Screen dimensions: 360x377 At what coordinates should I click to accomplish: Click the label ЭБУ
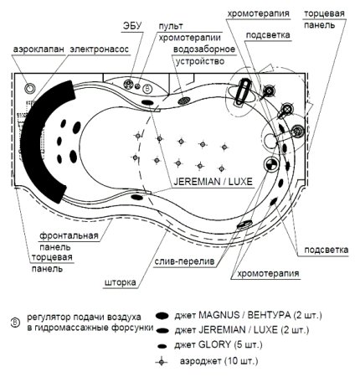click(x=132, y=25)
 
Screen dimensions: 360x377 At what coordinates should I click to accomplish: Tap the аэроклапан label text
click(x=39, y=49)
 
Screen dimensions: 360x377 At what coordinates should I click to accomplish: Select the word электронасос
click(x=100, y=49)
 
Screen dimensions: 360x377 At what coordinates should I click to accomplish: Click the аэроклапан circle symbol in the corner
click(x=29, y=88)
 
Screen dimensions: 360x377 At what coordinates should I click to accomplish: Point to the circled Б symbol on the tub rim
click(x=147, y=89)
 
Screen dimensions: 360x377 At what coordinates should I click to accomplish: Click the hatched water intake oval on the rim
click(x=184, y=101)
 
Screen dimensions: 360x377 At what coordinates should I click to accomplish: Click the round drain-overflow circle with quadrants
click(x=270, y=164)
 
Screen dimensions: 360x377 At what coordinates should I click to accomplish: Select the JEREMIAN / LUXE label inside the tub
click(x=213, y=182)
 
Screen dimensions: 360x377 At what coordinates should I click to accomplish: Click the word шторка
click(x=121, y=282)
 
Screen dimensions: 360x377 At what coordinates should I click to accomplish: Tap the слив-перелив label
click(x=185, y=261)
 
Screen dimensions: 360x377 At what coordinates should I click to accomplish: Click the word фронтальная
click(x=69, y=235)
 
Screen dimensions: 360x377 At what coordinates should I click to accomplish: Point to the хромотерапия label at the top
click(x=258, y=13)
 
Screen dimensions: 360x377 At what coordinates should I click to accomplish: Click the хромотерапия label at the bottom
click(x=268, y=273)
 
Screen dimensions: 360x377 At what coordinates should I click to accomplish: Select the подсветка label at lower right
click(x=327, y=250)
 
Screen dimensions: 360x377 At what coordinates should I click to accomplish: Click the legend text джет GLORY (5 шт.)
click(x=219, y=345)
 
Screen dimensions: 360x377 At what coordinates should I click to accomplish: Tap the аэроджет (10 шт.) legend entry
click(x=219, y=361)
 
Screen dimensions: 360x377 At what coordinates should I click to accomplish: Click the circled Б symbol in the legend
click(x=15, y=323)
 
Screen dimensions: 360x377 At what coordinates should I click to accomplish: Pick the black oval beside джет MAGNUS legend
click(x=162, y=316)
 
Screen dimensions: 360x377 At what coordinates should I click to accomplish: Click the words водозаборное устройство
click(x=204, y=55)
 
